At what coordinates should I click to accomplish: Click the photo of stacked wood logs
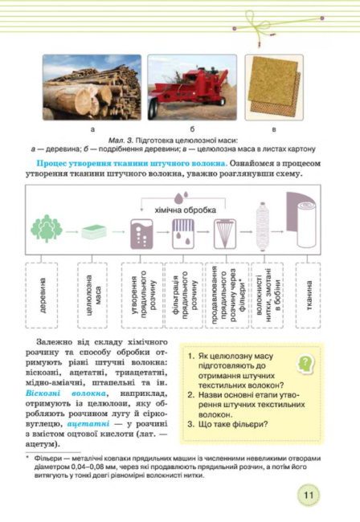91,87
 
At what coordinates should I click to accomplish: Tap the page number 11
309,494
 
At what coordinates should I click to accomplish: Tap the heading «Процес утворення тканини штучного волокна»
119,162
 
